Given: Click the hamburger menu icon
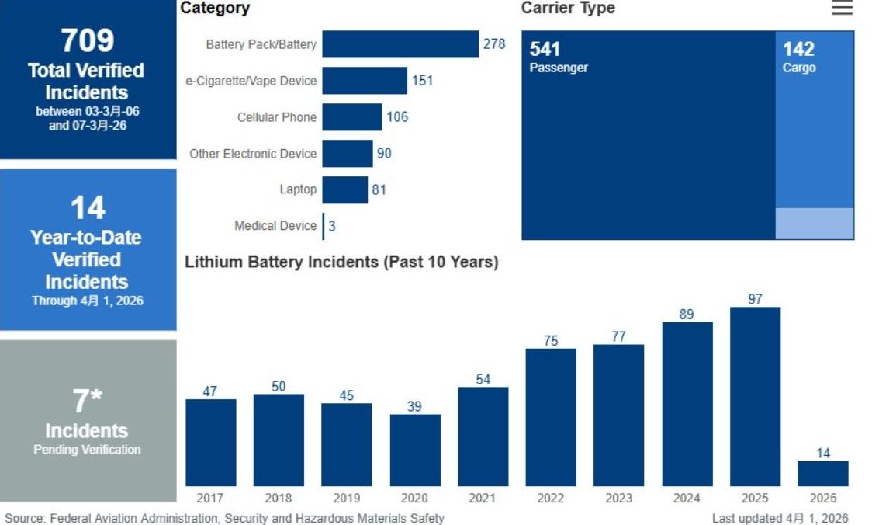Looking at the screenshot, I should click(x=842, y=9).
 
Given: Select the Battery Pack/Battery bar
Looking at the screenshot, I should click(x=400, y=44).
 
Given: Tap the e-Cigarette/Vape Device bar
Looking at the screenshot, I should click(x=365, y=81).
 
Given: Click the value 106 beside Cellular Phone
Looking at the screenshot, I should click(x=397, y=117).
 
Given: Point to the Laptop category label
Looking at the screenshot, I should click(x=298, y=189).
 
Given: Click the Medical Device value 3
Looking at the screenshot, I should click(x=332, y=226).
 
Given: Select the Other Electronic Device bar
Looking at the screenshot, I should click(x=348, y=154).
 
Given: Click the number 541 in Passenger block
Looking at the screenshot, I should click(x=545, y=50).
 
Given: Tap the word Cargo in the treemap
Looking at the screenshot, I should click(x=799, y=68).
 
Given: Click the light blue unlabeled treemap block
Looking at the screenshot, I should click(x=815, y=224).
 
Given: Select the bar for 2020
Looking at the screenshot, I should click(x=415, y=450).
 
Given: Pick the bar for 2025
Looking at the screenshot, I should click(x=755, y=396).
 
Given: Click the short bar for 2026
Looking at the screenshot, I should click(x=823, y=473).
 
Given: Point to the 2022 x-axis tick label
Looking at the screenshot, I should click(x=551, y=498).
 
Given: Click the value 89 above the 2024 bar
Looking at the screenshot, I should click(x=687, y=315).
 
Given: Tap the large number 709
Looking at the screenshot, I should click(x=88, y=40).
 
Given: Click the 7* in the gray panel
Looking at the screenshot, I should click(x=88, y=402).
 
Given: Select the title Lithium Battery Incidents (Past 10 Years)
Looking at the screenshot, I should click(x=341, y=262).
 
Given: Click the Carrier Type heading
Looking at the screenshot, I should click(x=568, y=9).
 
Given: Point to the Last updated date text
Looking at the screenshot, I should click(x=780, y=518).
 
